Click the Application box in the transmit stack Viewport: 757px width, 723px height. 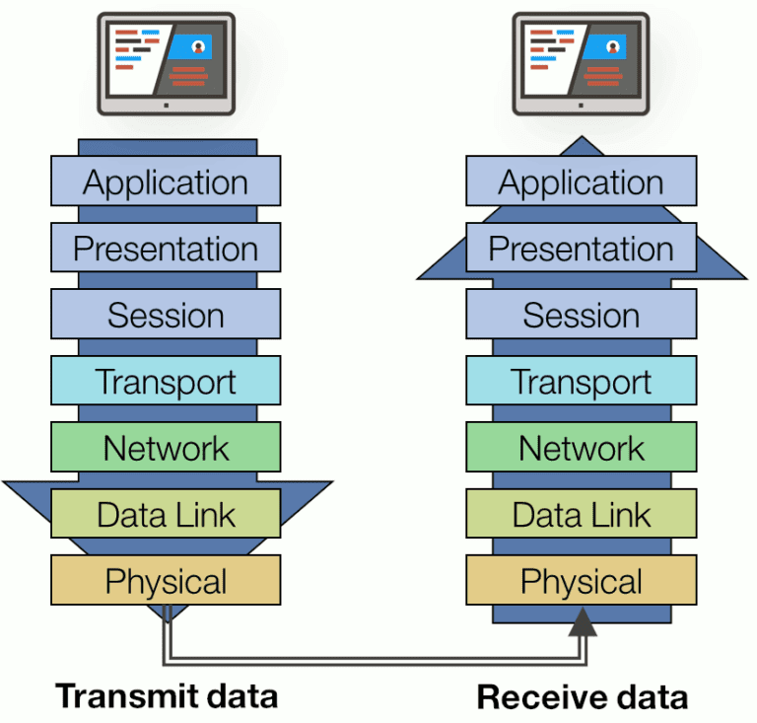166,181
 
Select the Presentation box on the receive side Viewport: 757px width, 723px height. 582,248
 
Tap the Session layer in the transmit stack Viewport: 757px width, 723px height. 166,315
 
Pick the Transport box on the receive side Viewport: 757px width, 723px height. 582,381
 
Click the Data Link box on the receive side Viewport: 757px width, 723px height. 582,514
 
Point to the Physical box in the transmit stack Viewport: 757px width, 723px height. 166,580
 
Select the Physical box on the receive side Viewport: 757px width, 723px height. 582,580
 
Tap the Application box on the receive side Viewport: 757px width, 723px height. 582,181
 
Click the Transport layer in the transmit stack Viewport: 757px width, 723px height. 166,381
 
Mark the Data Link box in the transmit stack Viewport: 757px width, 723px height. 166,514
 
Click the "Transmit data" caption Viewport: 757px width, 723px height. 167,695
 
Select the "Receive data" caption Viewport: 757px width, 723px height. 583,697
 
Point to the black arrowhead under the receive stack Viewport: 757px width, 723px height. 583,621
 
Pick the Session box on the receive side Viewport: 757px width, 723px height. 582,315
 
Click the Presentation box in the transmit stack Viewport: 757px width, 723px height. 166,248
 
